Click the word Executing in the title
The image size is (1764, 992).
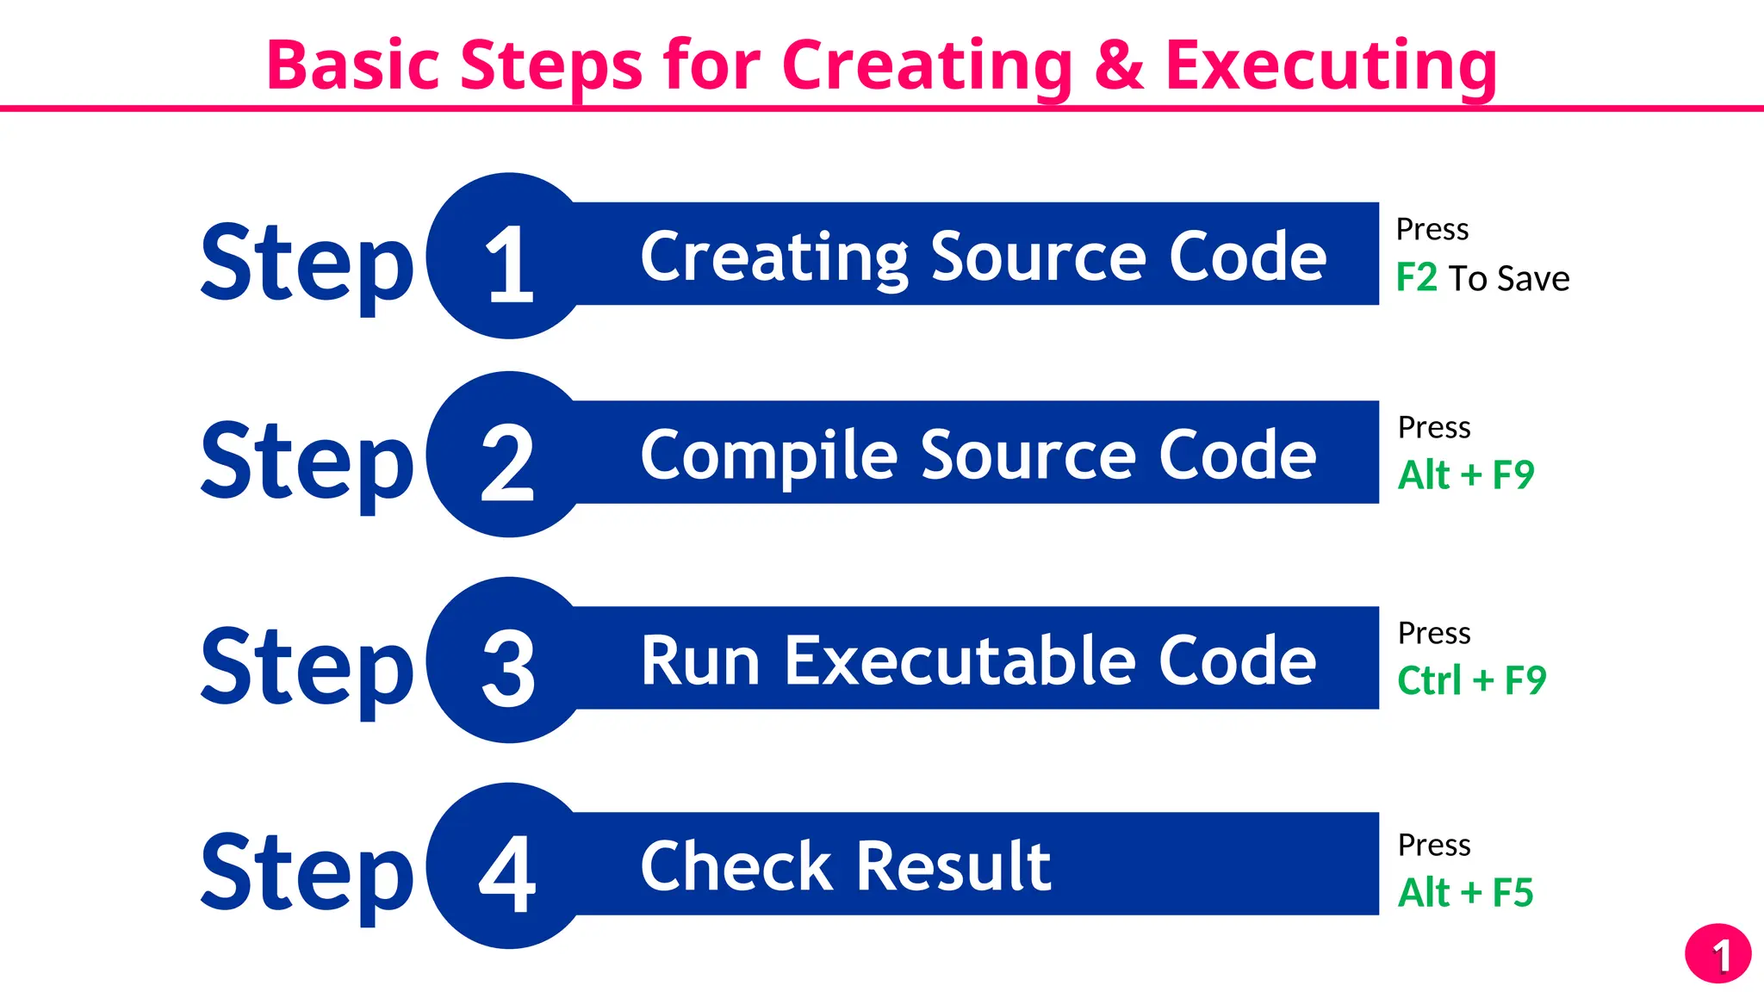(x=1331, y=65)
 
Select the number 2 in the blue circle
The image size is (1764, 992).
(x=508, y=462)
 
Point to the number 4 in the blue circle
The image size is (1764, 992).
(x=508, y=873)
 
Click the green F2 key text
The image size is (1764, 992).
(x=1416, y=278)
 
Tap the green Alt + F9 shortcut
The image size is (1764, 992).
(x=1465, y=475)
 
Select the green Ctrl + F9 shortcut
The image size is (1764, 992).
(x=1471, y=680)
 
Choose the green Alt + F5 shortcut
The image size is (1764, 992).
(x=1465, y=892)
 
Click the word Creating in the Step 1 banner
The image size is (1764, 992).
(x=773, y=257)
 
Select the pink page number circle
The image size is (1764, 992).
(x=1717, y=954)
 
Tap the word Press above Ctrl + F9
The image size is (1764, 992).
(x=1434, y=633)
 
